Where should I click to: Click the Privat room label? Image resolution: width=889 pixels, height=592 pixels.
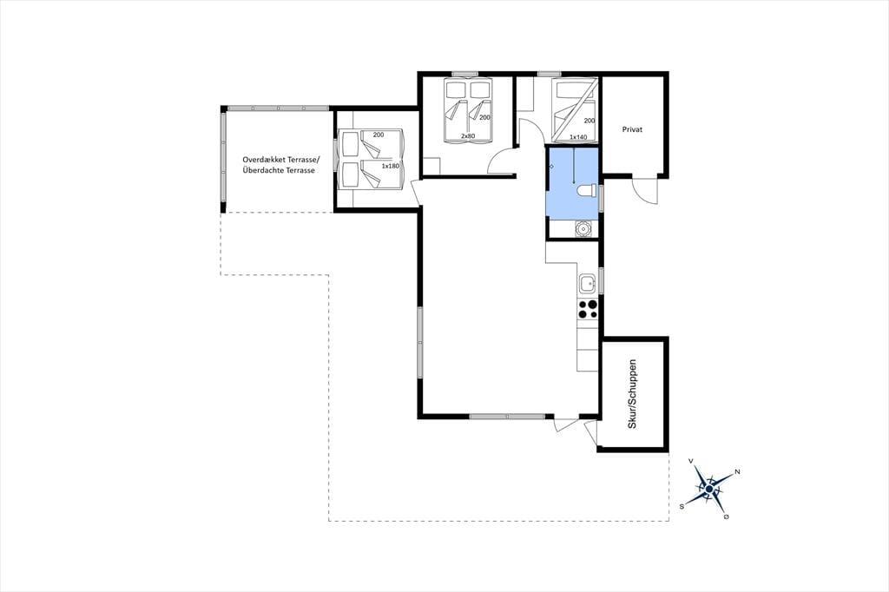click(x=632, y=129)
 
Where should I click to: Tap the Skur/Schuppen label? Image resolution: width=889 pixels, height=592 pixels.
click(x=633, y=394)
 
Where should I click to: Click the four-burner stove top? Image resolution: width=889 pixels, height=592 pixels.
click(x=588, y=309)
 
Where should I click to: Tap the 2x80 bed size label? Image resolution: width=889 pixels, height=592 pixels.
click(x=468, y=136)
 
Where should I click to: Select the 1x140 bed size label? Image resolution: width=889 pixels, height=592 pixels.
click(x=578, y=136)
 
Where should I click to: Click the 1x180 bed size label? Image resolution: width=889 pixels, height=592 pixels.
click(x=390, y=166)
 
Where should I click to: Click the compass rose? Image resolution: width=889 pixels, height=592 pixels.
click(x=709, y=488)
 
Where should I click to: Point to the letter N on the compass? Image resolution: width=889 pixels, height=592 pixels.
click(x=738, y=472)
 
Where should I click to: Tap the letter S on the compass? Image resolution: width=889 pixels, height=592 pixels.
click(x=682, y=505)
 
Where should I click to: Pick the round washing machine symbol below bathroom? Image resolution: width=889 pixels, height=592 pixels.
click(x=583, y=228)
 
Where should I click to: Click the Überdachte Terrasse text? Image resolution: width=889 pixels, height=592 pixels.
click(x=279, y=170)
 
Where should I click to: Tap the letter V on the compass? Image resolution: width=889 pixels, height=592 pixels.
click(x=691, y=461)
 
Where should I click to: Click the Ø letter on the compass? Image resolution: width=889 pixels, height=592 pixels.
click(x=727, y=517)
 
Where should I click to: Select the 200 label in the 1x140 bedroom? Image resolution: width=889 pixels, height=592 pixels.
click(x=589, y=121)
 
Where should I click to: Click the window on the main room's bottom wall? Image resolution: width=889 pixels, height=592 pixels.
click(x=507, y=416)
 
